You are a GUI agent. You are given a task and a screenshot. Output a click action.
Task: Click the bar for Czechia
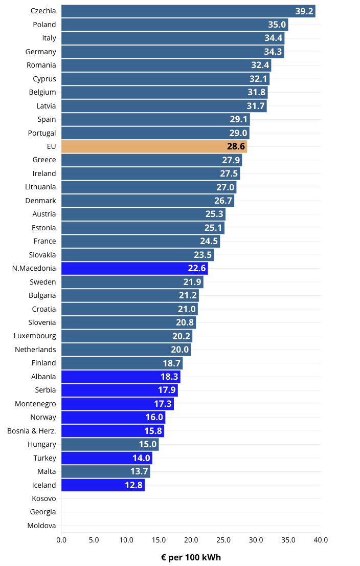tap(188, 11)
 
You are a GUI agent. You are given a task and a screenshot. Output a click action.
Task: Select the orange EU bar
tap(153, 146)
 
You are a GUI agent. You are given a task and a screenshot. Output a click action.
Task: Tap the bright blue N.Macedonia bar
tap(134, 268)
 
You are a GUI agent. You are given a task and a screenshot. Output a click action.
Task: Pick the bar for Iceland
tap(102, 485)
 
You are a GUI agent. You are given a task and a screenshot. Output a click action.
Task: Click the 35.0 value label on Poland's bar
tap(277, 25)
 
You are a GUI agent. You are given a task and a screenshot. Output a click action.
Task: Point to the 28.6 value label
tap(236, 146)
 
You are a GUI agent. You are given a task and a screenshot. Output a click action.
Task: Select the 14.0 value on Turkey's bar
tap(141, 458)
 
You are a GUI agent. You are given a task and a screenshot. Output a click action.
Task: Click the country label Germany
tap(41, 52)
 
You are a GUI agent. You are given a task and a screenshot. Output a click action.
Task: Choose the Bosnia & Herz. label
tap(32, 431)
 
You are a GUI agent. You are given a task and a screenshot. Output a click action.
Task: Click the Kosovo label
tap(44, 498)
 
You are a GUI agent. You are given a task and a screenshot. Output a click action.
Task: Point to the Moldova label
tap(42, 526)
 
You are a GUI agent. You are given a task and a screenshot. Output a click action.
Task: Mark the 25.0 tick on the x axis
tap(223, 540)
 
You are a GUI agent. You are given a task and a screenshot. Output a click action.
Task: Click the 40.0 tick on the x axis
tap(321, 540)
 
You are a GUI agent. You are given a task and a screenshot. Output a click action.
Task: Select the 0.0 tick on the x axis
tap(61, 540)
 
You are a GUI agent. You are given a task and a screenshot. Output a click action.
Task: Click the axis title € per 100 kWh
tap(191, 557)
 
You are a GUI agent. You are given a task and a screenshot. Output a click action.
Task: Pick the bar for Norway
tap(113, 417)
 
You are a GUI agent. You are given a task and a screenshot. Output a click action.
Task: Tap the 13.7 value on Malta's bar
tap(139, 471)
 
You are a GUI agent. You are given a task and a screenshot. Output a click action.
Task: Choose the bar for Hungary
tap(110, 444)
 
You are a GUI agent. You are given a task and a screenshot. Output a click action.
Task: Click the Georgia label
tap(43, 512)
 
